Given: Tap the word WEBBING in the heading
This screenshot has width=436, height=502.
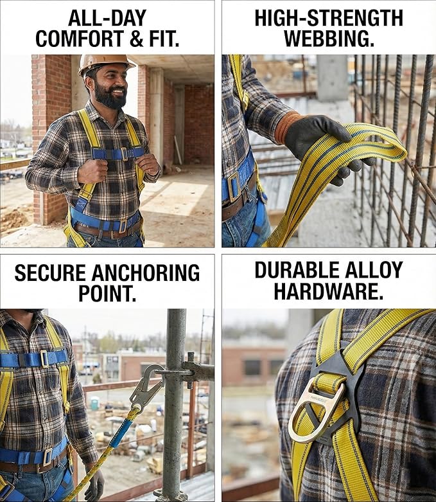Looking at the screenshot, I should (329, 39).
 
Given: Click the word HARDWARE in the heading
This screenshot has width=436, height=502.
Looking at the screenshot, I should (328, 291).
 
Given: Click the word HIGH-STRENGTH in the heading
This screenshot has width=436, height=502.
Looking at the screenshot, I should (329, 17).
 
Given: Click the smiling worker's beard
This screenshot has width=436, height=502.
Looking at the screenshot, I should (110, 97).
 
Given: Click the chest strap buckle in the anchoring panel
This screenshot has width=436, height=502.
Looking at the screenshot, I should (45, 358).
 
